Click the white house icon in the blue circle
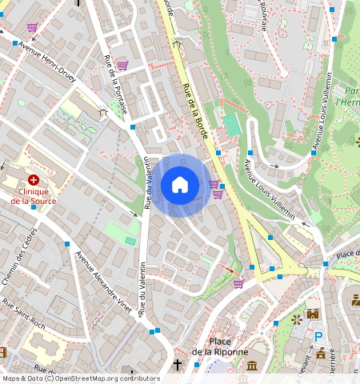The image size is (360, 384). tap(180, 185)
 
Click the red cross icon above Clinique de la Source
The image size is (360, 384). tap(34, 181)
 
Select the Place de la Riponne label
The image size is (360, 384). tap(220, 345)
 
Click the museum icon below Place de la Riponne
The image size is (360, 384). tap(252, 366)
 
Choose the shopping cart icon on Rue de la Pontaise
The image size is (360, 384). tap(122, 66)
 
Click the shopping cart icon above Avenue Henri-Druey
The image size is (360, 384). tap(32, 27)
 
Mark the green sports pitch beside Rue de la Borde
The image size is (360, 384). tap(231, 125)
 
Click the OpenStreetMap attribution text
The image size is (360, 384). tap(80, 378)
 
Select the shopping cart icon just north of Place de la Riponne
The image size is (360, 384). tap(238, 282)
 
